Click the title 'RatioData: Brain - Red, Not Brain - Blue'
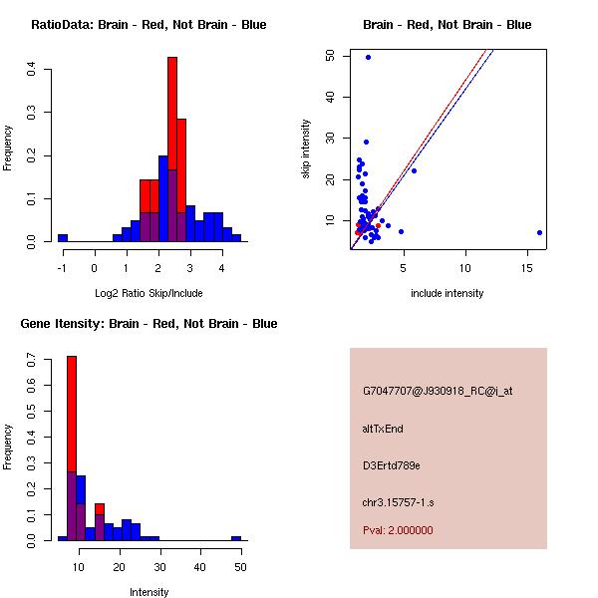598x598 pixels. coord(149,24)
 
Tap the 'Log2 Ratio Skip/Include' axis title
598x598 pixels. coord(149,293)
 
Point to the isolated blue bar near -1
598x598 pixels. coord(63,238)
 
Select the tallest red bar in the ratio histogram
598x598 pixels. coord(172,149)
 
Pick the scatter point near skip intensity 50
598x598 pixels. coord(368,57)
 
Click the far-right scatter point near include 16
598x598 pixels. coord(539,232)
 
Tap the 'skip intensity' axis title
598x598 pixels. coord(306,149)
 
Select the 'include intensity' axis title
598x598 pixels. coord(448,293)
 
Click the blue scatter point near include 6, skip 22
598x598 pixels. coord(414,170)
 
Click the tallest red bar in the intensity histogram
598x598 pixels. coord(72,448)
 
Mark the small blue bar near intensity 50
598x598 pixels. coord(236,538)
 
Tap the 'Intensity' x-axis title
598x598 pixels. coord(149,592)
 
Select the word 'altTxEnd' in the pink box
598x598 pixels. coord(383,429)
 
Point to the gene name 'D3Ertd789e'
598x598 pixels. coord(391,465)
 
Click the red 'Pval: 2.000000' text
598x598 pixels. coord(398,530)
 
